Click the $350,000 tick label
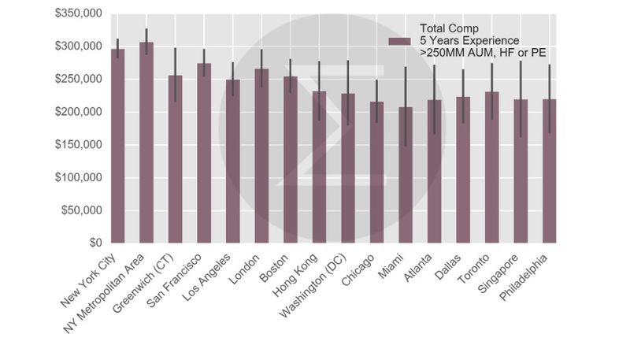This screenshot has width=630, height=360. tap(78, 13)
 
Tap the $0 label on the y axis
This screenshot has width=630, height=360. tap(93, 243)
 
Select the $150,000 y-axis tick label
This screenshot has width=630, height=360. tap(78, 145)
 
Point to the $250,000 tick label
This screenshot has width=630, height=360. tap(78, 80)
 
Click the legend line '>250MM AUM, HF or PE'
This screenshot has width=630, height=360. tap(484, 52)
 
